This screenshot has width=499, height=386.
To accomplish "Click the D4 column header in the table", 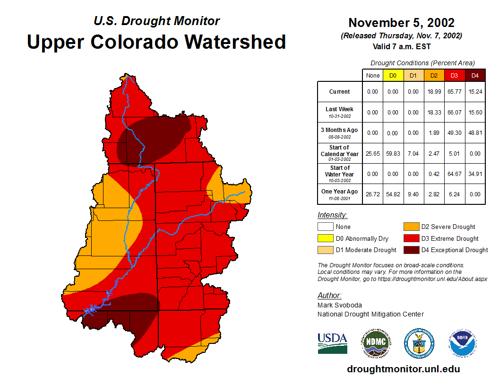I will click(475, 76).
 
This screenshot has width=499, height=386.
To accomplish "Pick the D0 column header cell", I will click(393, 76).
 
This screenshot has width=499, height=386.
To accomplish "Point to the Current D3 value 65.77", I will click(454, 92).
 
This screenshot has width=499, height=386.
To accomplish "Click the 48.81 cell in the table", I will click(475, 133).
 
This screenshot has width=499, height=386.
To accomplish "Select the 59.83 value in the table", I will click(393, 154).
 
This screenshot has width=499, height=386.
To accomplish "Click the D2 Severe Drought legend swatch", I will click(410, 227).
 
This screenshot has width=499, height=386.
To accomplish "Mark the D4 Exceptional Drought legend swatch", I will click(410, 250).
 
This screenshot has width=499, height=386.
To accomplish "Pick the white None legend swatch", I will click(325, 227).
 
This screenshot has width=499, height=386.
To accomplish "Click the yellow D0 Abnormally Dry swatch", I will click(325, 238).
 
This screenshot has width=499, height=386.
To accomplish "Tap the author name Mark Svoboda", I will click(340, 305).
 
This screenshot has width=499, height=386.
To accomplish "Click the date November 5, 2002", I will click(401, 23).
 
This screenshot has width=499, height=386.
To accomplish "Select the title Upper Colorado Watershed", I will click(156, 42).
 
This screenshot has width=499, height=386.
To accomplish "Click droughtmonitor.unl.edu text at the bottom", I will click(403, 369).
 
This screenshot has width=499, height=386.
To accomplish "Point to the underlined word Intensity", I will click(332, 215).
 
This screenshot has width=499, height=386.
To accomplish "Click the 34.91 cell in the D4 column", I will click(475, 174).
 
